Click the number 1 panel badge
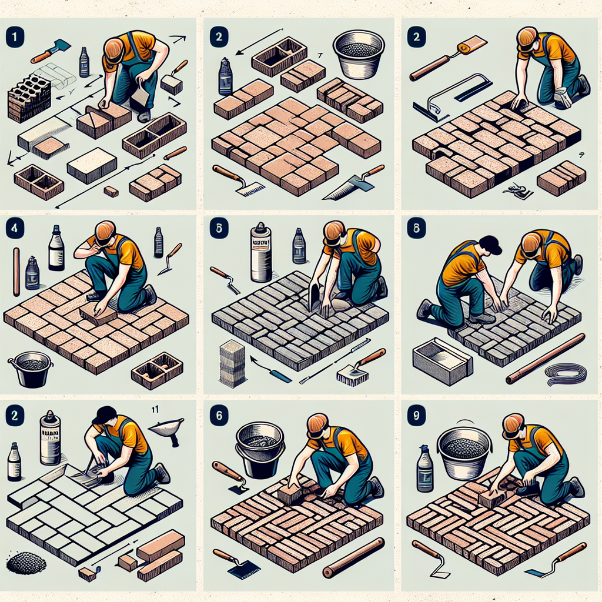(13, 35)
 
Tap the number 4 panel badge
(13, 228)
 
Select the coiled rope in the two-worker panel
(566, 373)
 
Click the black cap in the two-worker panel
(490, 244)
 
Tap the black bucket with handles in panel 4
(31, 369)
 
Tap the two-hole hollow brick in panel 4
(157, 371)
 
